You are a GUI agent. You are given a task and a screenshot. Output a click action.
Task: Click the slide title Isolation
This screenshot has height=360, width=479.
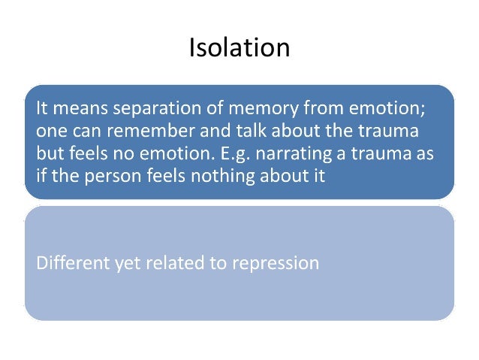click(x=239, y=47)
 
